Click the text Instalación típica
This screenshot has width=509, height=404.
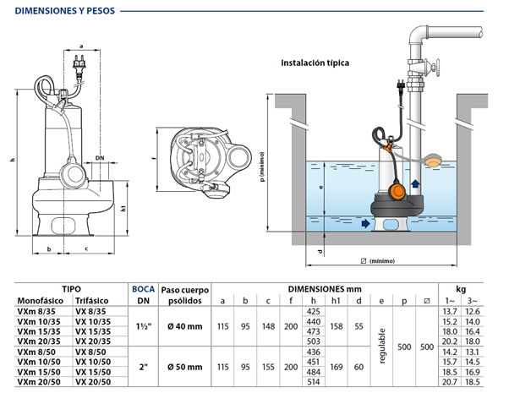coord(315,63)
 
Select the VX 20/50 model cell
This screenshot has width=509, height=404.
coord(93,383)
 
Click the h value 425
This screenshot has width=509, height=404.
coord(313,311)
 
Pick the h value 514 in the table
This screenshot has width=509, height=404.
coord(313,383)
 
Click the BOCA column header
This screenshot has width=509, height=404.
coord(140,287)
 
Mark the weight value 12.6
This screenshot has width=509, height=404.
coord(484,311)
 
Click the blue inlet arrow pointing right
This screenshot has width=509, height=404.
coord(364,224)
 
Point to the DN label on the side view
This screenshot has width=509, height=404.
coord(101,158)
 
